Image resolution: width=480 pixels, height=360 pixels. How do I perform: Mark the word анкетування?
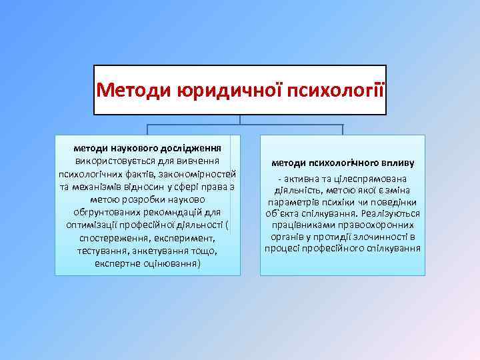[x=163, y=251]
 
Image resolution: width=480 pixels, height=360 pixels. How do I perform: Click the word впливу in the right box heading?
[x=396, y=162]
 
